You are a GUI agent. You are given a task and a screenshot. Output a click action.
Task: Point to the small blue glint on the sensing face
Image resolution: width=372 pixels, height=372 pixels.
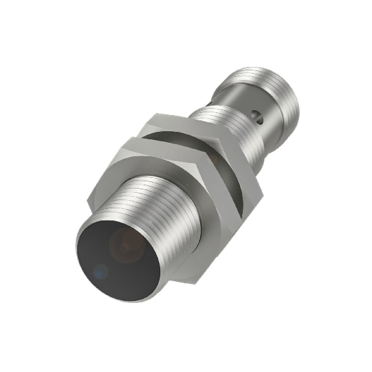coord(99,273)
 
